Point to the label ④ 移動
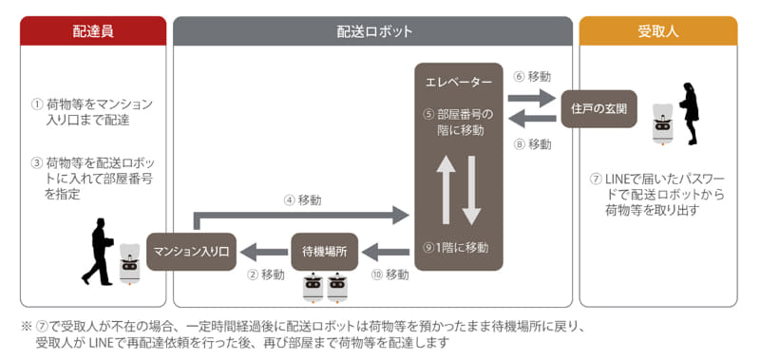(302, 200)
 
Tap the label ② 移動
(266, 275)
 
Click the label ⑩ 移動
(390, 275)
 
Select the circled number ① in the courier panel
(37, 104)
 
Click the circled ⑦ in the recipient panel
(596, 178)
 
